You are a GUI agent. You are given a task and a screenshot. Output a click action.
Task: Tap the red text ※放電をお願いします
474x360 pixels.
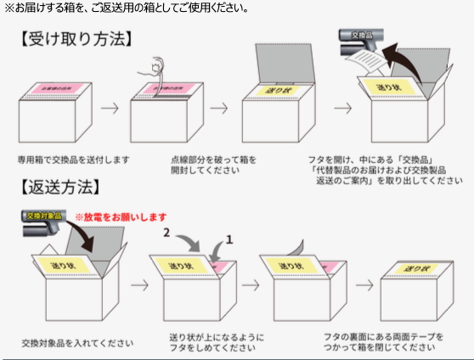pos(120,217)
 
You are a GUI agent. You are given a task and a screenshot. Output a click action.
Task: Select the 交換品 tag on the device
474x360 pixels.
pos(362,35)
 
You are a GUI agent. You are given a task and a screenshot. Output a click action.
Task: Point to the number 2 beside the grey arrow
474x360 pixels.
pos(167,231)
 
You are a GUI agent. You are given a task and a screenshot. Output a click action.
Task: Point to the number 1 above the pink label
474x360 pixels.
pos(228,242)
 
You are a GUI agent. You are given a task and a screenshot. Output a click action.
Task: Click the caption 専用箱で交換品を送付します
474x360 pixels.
pos(73,159)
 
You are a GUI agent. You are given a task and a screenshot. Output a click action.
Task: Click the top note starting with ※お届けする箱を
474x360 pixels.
pos(127,8)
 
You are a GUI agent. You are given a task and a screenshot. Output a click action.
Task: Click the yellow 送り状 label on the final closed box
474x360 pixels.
pos(414,267)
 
